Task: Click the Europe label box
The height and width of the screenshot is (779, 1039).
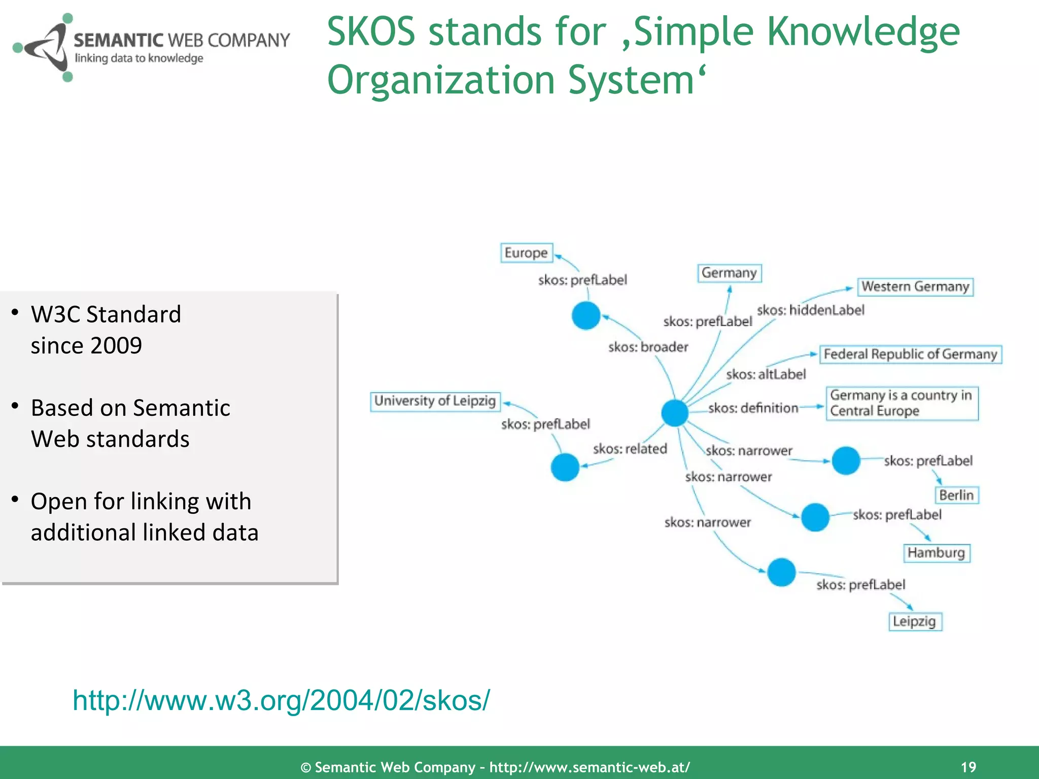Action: tap(526, 253)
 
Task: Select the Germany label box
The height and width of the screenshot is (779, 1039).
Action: tap(729, 273)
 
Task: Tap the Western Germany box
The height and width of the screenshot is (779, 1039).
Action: tap(915, 287)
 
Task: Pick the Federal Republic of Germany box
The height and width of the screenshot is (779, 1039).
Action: tap(911, 354)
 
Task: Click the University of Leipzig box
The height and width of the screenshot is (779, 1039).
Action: tap(435, 401)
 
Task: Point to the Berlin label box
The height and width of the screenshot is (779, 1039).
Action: tap(956, 495)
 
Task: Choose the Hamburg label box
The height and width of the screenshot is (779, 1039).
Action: tap(937, 552)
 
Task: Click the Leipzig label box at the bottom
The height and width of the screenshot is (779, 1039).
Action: tap(915, 621)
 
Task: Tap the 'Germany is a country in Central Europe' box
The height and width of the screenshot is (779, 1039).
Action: tap(902, 403)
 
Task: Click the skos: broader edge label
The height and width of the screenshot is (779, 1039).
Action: tap(648, 347)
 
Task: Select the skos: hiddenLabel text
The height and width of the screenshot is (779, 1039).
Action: tap(810, 310)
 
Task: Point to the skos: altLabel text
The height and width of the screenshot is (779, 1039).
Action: tap(766, 374)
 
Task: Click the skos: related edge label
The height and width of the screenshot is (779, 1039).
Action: tap(630, 449)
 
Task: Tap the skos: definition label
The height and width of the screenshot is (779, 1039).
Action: tap(753, 408)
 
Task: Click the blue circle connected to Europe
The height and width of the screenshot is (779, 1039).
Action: tap(586, 315)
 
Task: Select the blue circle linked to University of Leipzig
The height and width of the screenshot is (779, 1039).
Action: tap(565, 467)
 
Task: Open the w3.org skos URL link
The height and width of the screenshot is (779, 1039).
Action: tap(281, 700)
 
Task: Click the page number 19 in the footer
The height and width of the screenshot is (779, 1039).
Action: tap(968, 767)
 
